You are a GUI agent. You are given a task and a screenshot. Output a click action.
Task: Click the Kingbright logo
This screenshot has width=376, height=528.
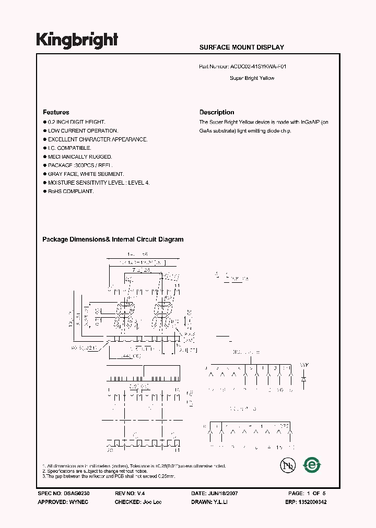[x=77, y=40]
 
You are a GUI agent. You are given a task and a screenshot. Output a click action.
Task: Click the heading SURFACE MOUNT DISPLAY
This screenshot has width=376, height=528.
[x=241, y=47]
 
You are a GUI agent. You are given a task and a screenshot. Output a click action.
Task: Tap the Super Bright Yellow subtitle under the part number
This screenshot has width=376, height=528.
[x=252, y=78]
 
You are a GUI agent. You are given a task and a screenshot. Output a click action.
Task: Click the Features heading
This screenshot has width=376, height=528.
[x=56, y=112]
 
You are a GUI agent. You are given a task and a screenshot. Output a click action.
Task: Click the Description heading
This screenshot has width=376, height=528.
[x=217, y=112]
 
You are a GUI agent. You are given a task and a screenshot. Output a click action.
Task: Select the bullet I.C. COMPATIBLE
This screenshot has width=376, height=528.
[x=69, y=148]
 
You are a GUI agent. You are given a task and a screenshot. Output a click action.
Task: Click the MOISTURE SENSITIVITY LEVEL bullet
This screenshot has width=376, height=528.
[x=99, y=183]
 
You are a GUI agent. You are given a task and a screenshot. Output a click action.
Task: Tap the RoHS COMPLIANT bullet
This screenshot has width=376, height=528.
[x=70, y=191]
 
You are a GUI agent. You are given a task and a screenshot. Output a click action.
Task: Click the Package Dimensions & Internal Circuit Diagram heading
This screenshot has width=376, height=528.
[x=113, y=239]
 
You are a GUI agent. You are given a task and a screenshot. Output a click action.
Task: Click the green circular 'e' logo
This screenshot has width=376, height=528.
[x=312, y=465]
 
